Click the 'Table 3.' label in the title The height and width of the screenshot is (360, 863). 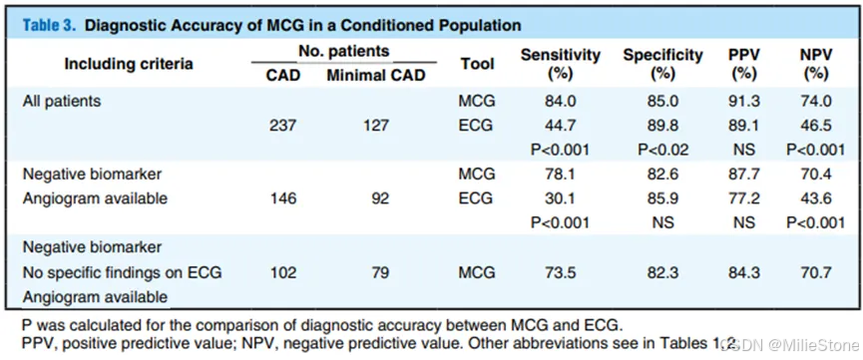click(47, 26)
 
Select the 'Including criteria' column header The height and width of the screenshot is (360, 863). click(129, 64)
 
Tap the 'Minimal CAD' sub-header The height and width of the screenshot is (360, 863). click(376, 76)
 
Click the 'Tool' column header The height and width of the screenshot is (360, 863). click(477, 64)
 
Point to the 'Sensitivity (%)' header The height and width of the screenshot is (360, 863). click(561, 64)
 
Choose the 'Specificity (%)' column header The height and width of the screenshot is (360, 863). click(662, 64)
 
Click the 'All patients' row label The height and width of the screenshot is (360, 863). click(61, 102)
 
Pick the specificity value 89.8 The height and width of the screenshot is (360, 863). click(662, 126)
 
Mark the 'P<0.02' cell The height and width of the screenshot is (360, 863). click(662, 150)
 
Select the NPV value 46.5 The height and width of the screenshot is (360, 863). click(816, 126)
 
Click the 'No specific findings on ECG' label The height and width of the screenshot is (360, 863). click(122, 272)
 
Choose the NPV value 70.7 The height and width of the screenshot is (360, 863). click(816, 272)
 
